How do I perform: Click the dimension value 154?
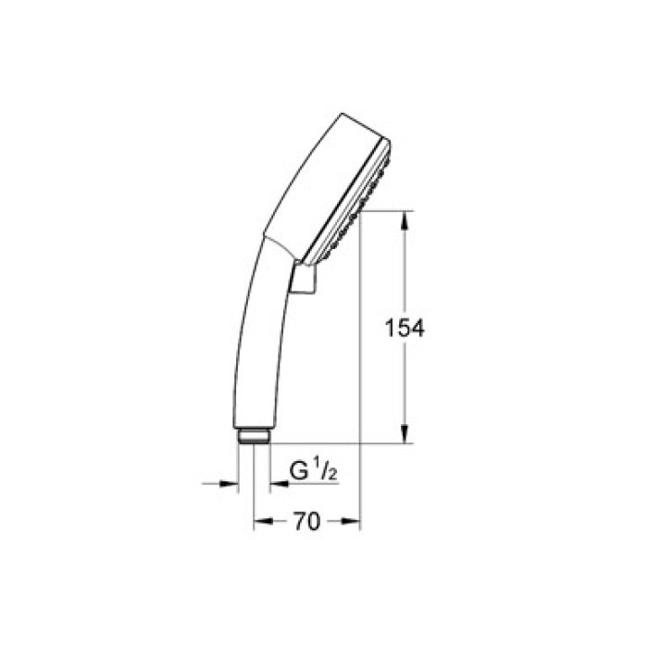[405, 328]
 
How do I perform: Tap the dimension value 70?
[306, 522]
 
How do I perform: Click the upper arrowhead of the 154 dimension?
[405, 219]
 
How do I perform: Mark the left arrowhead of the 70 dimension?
[260, 522]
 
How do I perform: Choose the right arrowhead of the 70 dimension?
[353, 522]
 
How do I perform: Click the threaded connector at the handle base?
[253, 435]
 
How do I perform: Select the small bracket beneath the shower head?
[303, 280]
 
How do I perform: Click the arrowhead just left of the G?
[276, 483]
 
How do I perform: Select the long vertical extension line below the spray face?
[360, 370]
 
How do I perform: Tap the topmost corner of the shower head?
[342, 114]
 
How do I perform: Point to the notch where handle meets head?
[268, 239]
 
